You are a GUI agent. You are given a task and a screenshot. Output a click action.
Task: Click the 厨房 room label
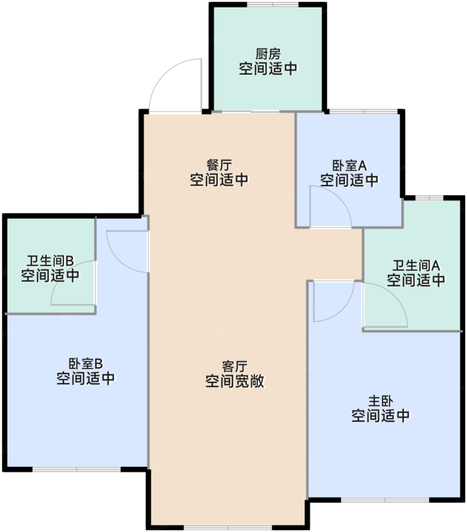tap(268, 54)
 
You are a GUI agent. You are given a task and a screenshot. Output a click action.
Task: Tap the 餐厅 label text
tap(219, 165)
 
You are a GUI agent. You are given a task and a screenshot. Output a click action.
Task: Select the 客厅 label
tap(235, 366)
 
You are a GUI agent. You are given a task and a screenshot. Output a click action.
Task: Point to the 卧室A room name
tap(349, 166)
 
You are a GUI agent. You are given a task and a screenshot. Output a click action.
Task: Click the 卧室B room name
tap(85, 364)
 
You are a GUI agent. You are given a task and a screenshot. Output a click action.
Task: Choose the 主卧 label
tap(380, 401)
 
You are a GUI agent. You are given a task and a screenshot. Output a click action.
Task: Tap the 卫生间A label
tap(416, 266)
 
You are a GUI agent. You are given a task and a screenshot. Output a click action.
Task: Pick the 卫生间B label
tap(50, 261)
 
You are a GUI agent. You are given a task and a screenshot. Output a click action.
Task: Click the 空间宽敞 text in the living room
tap(235, 381)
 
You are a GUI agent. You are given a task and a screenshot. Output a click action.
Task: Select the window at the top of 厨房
tap(273, 5)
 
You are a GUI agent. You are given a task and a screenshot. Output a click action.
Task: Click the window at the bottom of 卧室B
tap(77, 470)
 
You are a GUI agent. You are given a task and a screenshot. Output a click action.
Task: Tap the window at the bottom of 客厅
tap(228, 527)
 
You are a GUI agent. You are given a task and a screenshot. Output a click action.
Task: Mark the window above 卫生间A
tap(429, 198)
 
